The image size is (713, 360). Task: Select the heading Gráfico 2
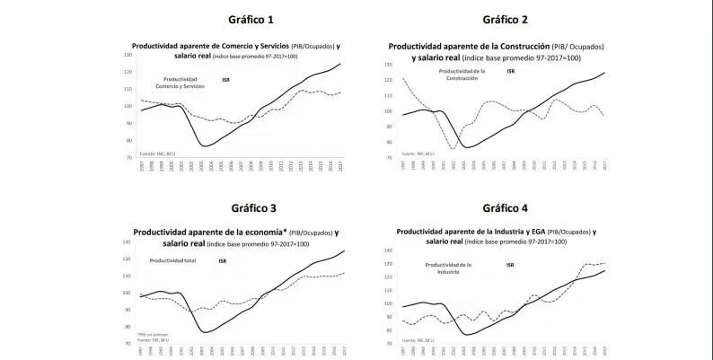tap(506, 19)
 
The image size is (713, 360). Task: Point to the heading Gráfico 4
tap(506, 208)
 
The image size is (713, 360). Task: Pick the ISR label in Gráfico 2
tap(510, 71)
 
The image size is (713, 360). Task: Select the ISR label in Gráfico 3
tap(222, 260)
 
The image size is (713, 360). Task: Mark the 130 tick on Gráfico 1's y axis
tap(127, 55)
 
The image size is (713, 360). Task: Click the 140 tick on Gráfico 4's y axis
tap(389, 250)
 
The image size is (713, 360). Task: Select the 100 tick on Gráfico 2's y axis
tap(389, 111)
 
